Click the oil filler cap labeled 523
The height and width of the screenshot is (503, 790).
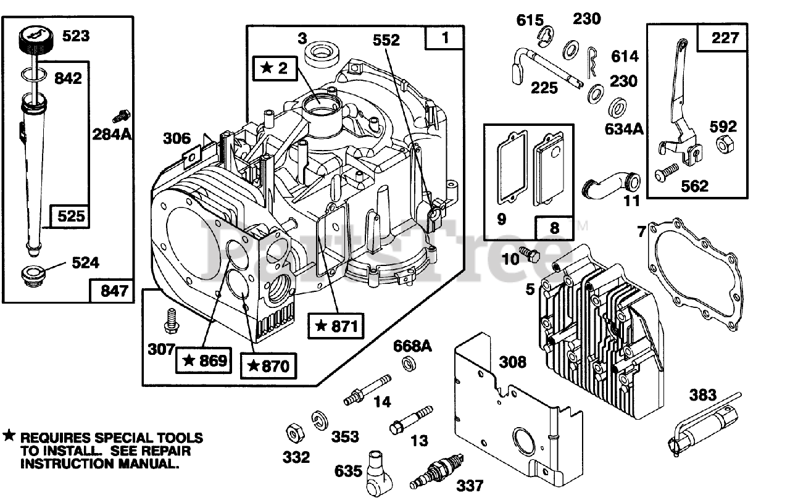pyautogui.click(x=36, y=40)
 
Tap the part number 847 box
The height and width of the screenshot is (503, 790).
pyautogui.click(x=112, y=291)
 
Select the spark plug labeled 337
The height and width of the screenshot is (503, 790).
pyautogui.click(x=436, y=472)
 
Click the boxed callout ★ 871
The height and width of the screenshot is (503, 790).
pyautogui.click(x=336, y=326)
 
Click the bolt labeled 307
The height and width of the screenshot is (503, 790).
pyautogui.click(x=172, y=321)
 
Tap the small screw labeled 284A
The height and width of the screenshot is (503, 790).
pyautogui.click(x=122, y=116)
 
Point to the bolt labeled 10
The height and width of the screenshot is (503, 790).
pyautogui.click(x=530, y=254)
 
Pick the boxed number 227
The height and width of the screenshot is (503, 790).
pyautogui.click(x=723, y=38)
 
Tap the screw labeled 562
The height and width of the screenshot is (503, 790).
pyautogui.click(x=667, y=172)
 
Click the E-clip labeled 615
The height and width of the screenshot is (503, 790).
pyautogui.click(x=546, y=36)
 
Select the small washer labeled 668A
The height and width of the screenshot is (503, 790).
pyautogui.click(x=409, y=364)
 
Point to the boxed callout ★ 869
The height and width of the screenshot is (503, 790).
pyautogui.click(x=204, y=360)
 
